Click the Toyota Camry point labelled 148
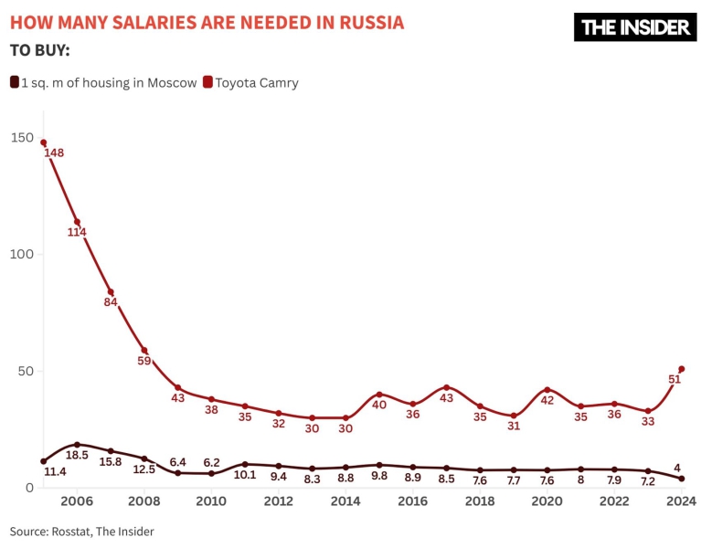point(43,142)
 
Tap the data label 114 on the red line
point(77,232)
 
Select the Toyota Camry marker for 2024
point(682,369)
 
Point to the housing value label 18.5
point(77,455)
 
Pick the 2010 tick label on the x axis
point(211,501)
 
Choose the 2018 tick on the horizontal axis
point(480,501)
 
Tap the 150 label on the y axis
point(22,137)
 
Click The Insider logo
point(635,27)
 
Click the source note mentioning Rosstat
point(82,531)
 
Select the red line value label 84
point(111,302)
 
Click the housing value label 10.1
point(245,475)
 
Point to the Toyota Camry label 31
point(514,426)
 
